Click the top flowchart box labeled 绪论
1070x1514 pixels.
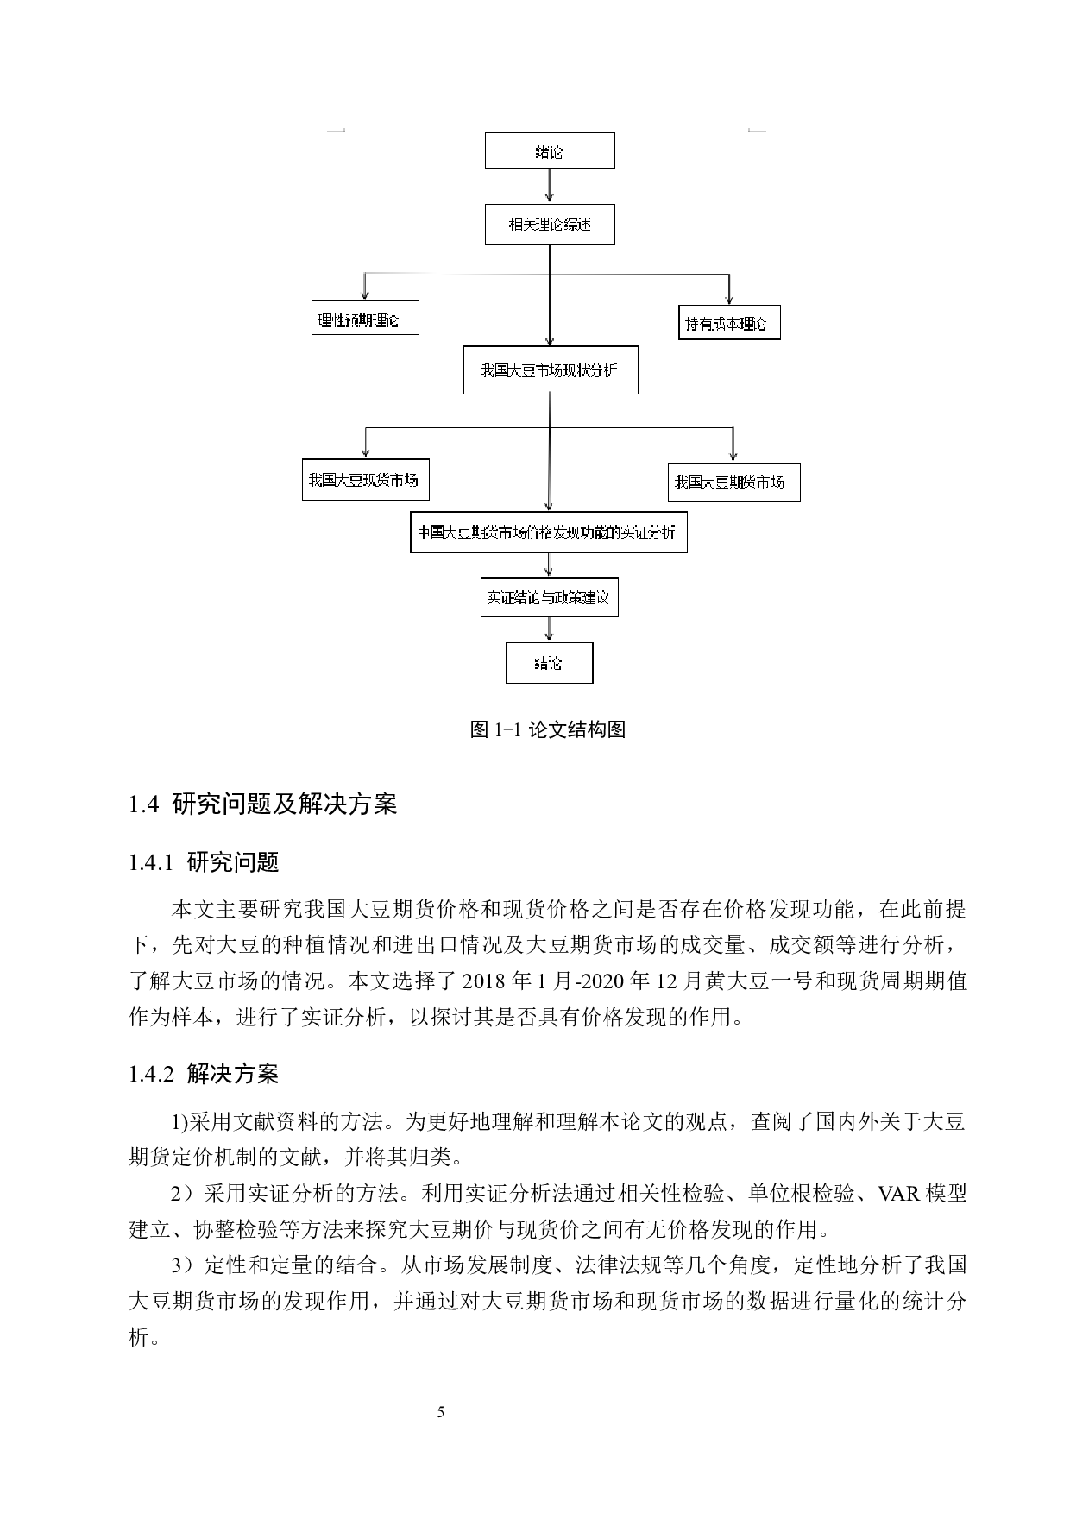pos(550,151)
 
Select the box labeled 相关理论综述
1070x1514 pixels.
pos(550,225)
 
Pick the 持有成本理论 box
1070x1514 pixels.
pos(729,325)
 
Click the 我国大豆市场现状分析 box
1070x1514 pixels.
pos(550,370)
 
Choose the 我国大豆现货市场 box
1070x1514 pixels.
pos(365,480)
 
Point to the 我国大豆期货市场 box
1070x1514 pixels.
pos(733,483)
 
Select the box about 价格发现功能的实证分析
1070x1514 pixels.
pos(548,533)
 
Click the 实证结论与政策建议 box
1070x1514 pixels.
pos(549,597)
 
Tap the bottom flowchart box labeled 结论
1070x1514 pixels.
pos(549,663)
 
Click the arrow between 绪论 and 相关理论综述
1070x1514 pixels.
pos(550,186)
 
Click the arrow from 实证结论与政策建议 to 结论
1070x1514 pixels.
pos(549,629)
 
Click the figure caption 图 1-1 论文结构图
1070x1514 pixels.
pos(547,729)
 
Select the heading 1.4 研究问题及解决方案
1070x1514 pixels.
pos(262,804)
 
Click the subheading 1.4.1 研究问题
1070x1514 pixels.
pos(204,861)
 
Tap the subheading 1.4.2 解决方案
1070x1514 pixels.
pos(204,1074)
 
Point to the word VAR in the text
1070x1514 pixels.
pos(897,1194)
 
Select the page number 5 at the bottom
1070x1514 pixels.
pos(441,1412)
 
